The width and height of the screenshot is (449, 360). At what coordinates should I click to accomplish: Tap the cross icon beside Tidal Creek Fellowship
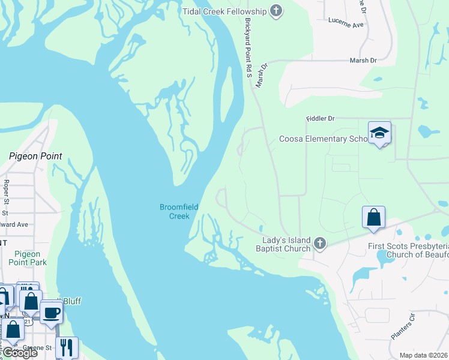(276, 11)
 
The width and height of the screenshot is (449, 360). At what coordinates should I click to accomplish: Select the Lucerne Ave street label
(346, 25)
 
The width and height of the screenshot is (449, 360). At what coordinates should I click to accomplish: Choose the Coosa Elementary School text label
(323, 139)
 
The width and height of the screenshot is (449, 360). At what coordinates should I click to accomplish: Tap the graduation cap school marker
(379, 133)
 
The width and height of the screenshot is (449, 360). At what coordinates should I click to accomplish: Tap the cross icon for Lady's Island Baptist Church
(320, 243)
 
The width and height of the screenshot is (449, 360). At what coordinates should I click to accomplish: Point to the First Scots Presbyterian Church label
(408, 250)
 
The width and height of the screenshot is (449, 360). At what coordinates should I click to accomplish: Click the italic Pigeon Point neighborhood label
(35, 156)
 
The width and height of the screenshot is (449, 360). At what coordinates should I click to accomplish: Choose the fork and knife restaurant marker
(67, 347)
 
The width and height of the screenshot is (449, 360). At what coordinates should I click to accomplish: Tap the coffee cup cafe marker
(52, 311)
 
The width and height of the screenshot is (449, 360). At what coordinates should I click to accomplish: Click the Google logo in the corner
(19, 353)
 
